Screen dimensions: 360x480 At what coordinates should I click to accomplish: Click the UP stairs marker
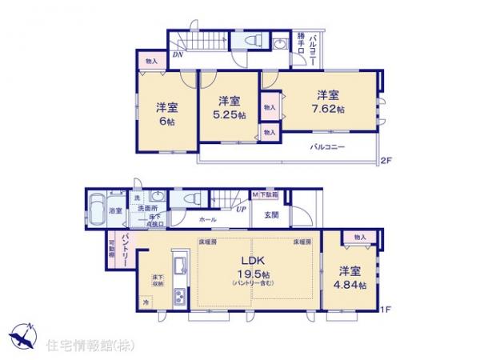point(239,210)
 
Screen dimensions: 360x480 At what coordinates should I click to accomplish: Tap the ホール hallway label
point(206,218)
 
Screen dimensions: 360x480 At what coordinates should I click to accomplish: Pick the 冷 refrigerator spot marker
point(146,302)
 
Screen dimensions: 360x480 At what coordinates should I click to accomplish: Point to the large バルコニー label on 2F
point(328,147)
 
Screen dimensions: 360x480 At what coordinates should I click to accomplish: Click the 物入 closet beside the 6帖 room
point(151,62)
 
